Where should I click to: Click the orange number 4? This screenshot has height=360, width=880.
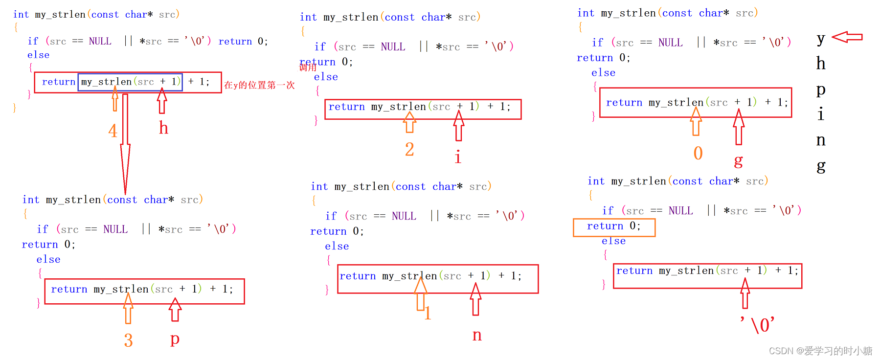click(x=113, y=131)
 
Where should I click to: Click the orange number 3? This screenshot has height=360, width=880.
click(x=128, y=340)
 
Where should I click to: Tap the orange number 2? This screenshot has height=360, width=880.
click(x=409, y=149)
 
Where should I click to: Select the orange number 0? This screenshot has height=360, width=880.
click(x=698, y=154)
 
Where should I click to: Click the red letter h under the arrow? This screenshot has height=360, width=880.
click(x=163, y=128)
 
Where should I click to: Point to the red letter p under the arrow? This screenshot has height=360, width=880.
click(x=175, y=338)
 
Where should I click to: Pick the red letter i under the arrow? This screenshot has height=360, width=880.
click(x=458, y=157)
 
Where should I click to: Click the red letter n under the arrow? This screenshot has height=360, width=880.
click(x=477, y=336)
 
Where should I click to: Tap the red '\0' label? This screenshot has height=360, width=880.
click(x=758, y=325)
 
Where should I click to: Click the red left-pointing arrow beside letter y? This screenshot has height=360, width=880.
click(x=847, y=37)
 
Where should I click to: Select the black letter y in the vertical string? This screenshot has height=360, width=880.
click(x=821, y=39)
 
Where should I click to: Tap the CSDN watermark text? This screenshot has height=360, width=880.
click(x=820, y=351)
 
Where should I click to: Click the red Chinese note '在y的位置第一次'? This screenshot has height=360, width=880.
click(x=259, y=85)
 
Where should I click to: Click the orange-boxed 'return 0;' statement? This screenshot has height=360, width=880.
click(x=614, y=226)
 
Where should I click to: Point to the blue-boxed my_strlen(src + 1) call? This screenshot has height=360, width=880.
click(x=130, y=82)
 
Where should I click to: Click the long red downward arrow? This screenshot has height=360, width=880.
click(x=125, y=144)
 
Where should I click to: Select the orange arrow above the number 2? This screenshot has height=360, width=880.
click(x=409, y=122)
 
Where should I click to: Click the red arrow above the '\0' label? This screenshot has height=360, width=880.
click(x=745, y=293)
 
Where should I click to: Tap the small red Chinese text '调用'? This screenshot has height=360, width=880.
click(x=308, y=67)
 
